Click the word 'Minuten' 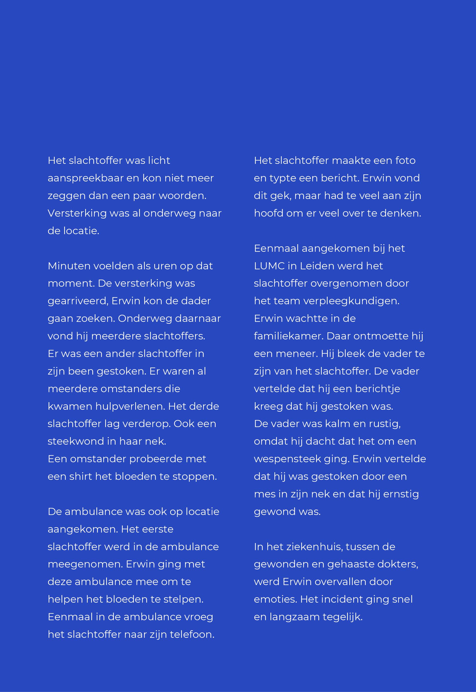coord(69,266)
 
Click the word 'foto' coord(405,160)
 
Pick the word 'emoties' coord(275,599)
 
